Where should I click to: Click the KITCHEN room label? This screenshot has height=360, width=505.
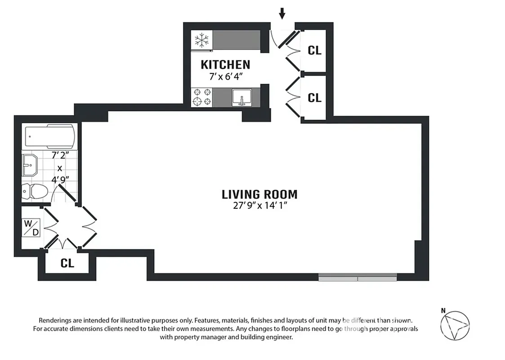point(225,64)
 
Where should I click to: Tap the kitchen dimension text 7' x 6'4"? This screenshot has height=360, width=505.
point(226,76)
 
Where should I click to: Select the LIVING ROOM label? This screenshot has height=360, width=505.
point(259,194)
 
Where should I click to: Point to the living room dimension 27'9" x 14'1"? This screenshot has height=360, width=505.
point(260,207)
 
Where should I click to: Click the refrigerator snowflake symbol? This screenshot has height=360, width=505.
point(201,40)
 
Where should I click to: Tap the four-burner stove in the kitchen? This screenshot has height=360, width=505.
point(201,97)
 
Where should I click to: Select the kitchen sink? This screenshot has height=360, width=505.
point(241,97)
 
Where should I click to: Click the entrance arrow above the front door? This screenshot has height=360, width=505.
point(282,14)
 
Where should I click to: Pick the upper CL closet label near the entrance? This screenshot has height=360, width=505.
point(314,50)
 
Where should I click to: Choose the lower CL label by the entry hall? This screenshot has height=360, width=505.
point(314,97)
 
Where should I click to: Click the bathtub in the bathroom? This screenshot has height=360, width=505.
point(49,136)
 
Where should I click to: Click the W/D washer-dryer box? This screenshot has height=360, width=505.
point(31,227)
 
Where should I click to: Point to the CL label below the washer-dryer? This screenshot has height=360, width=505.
point(67,264)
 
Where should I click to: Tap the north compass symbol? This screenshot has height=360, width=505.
point(455,326)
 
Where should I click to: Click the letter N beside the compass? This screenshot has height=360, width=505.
point(443,310)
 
